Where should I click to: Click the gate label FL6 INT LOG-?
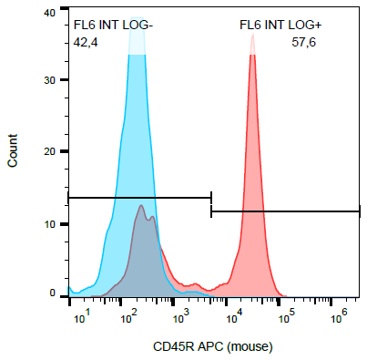tap(113, 26)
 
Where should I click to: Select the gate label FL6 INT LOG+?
tap(274, 26)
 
